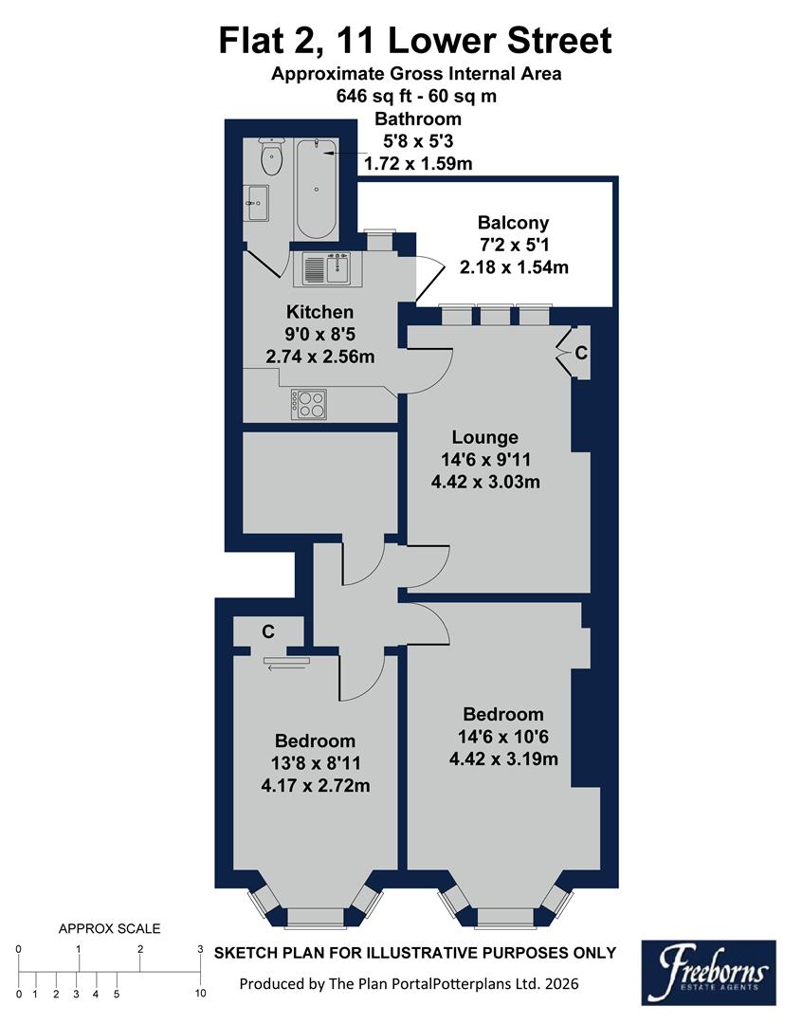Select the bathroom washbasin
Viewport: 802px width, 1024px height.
click(257, 198)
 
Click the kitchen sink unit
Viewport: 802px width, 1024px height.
click(327, 269)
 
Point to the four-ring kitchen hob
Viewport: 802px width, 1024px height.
click(311, 405)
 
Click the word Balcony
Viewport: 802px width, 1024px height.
click(513, 224)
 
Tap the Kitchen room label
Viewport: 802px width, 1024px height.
click(320, 312)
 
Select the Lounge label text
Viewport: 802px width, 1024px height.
click(485, 437)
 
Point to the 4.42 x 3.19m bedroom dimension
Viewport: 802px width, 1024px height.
click(503, 759)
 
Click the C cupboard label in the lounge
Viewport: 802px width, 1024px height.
click(581, 353)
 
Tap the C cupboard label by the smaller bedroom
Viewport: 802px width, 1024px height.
click(269, 631)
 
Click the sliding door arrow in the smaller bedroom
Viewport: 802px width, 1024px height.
click(283, 667)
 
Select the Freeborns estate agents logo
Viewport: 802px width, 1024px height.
click(708, 972)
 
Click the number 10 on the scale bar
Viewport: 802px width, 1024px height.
click(200, 994)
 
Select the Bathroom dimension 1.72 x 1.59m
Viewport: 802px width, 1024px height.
click(418, 164)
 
